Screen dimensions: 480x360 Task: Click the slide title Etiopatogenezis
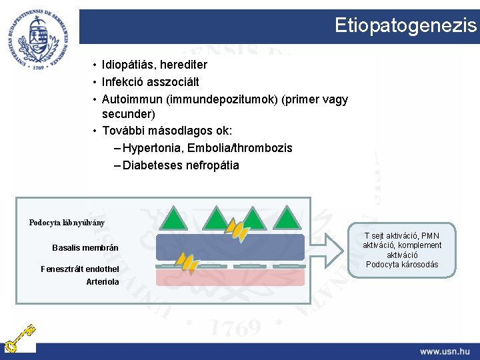coord(405,25)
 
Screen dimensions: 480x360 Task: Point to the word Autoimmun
coord(132,99)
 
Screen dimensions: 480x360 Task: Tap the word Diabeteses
coord(151,165)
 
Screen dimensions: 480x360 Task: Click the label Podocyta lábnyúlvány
coord(67,223)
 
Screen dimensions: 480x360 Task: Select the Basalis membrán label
coord(85,248)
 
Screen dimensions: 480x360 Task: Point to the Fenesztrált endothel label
coord(80,269)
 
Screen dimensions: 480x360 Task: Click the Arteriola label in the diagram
coord(103,281)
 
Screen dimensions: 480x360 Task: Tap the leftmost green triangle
coord(173,217)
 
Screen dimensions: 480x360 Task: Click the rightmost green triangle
coord(287,217)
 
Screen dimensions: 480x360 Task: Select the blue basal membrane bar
coord(230,247)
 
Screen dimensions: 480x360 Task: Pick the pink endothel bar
coord(230,277)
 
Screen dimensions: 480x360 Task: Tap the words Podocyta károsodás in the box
coord(402,264)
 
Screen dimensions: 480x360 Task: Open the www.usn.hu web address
coord(444,351)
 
